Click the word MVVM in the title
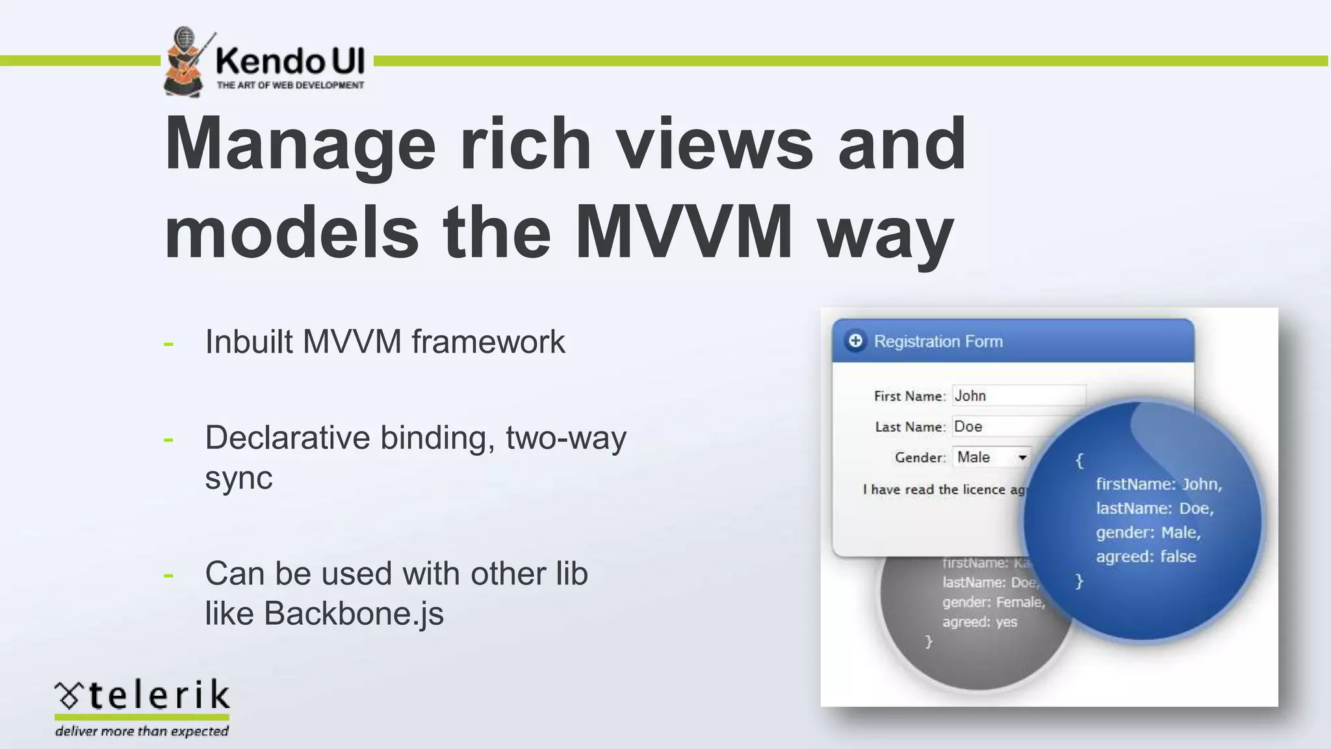683,232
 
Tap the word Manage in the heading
300,144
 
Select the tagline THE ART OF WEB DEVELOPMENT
290,85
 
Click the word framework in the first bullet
488,341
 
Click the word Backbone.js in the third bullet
354,613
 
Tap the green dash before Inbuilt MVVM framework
169,343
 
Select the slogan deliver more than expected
142,731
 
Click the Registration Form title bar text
938,341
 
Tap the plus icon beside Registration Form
855,341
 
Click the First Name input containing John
1018,396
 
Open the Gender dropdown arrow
1022,458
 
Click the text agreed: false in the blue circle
1145,557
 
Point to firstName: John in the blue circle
1158,484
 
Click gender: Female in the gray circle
993,602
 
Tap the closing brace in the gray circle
929,642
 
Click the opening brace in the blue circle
1079,460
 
